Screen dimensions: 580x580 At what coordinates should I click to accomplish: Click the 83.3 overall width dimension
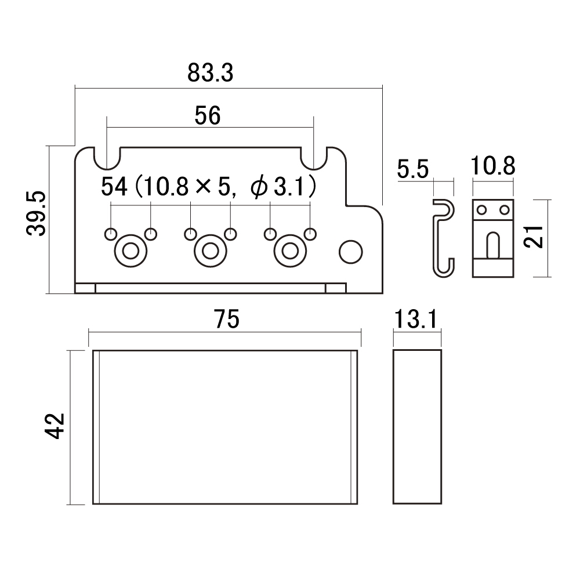click(210, 72)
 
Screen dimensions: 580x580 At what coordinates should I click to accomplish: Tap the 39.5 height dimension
click(36, 213)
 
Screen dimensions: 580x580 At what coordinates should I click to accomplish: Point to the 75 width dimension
click(227, 319)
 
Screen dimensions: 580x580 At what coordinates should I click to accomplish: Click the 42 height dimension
click(55, 426)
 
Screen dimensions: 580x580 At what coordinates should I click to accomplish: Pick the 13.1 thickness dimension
click(416, 319)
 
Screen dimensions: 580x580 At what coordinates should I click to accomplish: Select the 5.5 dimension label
click(413, 169)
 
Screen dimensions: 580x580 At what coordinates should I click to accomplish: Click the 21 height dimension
click(534, 236)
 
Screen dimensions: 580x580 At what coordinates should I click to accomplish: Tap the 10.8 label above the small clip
click(493, 166)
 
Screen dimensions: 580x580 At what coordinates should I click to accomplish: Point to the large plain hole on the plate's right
click(351, 252)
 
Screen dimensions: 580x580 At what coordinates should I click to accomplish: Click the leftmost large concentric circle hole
click(130, 251)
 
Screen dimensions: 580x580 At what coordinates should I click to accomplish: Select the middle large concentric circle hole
click(211, 251)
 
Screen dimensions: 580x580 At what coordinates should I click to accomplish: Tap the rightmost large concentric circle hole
click(291, 251)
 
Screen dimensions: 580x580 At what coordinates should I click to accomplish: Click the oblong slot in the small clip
click(492, 245)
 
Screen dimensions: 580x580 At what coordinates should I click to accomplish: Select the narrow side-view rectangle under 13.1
click(417, 427)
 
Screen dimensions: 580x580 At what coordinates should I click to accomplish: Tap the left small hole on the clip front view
click(481, 210)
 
